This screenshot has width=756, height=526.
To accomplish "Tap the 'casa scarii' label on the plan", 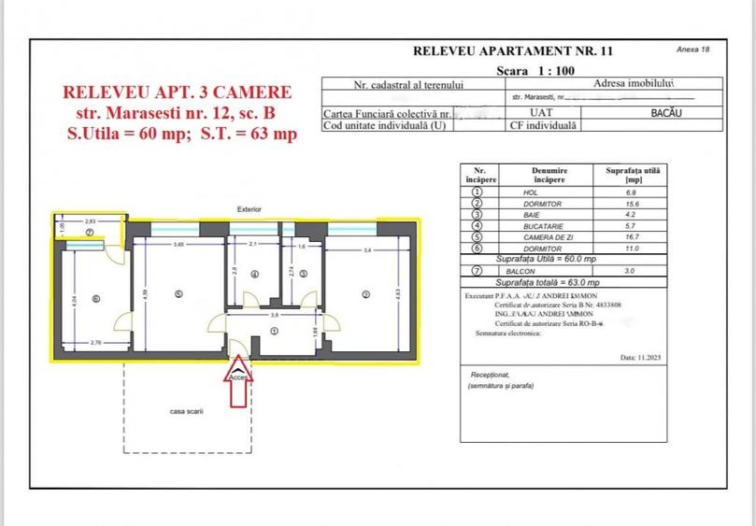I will coord(186,411).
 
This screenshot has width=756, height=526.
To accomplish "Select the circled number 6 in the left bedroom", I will coord(95,299).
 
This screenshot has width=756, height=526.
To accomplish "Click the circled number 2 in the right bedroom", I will coord(365,295).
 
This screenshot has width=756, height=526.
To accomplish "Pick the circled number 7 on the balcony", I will coord(90,232).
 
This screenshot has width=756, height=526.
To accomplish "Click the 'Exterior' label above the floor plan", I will coord(250,209).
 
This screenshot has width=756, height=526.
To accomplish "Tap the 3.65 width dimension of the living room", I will coord(178,244).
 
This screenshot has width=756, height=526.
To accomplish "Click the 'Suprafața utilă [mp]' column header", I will coord(633,175).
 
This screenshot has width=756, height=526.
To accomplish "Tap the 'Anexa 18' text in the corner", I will coord(692,49).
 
